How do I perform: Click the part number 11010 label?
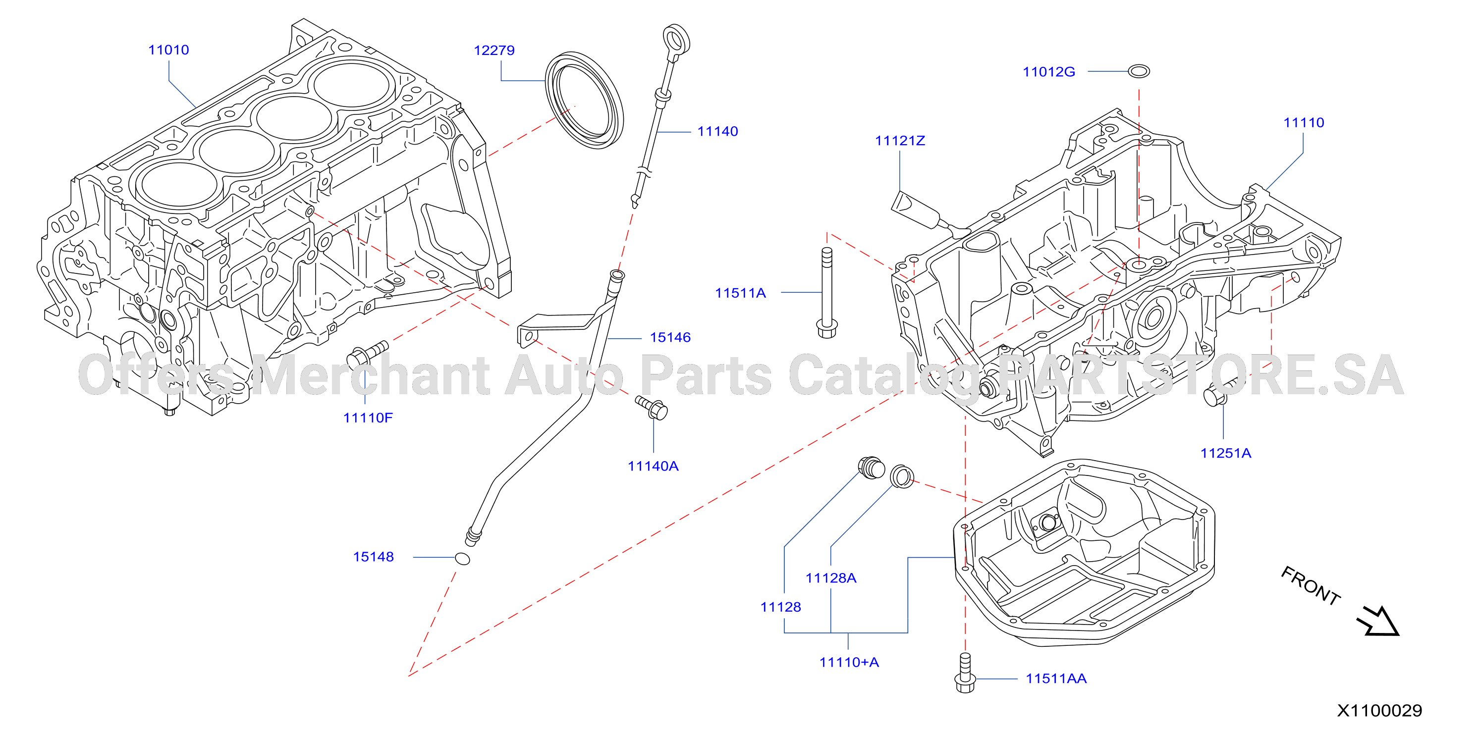pyautogui.click(x=168, y=50)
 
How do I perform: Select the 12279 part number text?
pyautogui.click(x=494, y=51)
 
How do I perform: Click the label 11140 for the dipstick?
pyautogui.click(x=717, y=131)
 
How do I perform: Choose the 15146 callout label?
pyautogui.click(x=670, y=337)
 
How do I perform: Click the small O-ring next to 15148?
pyautogui.click(x=462, y=558)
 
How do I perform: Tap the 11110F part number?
pyautogui.click(x=368, y=418)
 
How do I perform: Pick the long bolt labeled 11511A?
pyautogui.click(x=827, y=293)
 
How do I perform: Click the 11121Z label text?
pyautogui.click(x=900, y=141)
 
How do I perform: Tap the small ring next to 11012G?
pyautogui.click(x=1139, y=71)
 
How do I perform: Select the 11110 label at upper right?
pyautogui.click(x=1303, y=123)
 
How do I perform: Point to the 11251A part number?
pyautogui.click(x=1226, y=453)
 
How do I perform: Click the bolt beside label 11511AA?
pyautogui.click(x=965, y=673)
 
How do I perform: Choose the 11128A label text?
pyautogui.click(x=831, y=578)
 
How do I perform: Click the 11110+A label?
pyautogui.click(x=849, y=663)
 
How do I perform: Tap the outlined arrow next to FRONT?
pyautogui.click(x=1378, y=622)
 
